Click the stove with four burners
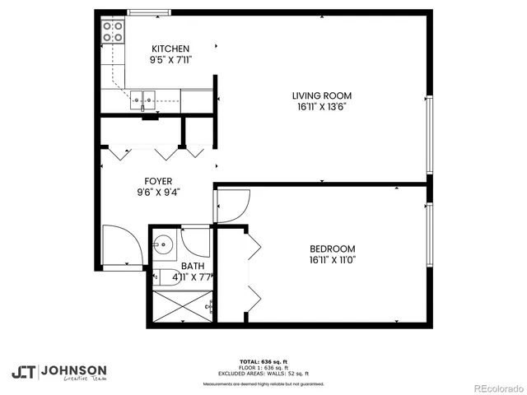pyautogui.click(x=113, y=32)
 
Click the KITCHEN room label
pyautogui.click(x=170, y=49)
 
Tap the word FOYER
pyautogui.click(x=158, y=180)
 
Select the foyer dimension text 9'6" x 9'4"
pyautogui.click(x=158, y=192)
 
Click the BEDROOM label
pyautogui.click(x=332, y=249)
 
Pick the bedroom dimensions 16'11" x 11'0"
pyautogui.click(x=332, y=261)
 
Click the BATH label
pyautogui.click(x=193, y=266)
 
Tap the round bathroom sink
pyautogui.click(x=164, y=244)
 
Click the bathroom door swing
pyautogui.click(x=196, y=241)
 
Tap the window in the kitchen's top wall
pyautogui.click(x=150, y=12)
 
